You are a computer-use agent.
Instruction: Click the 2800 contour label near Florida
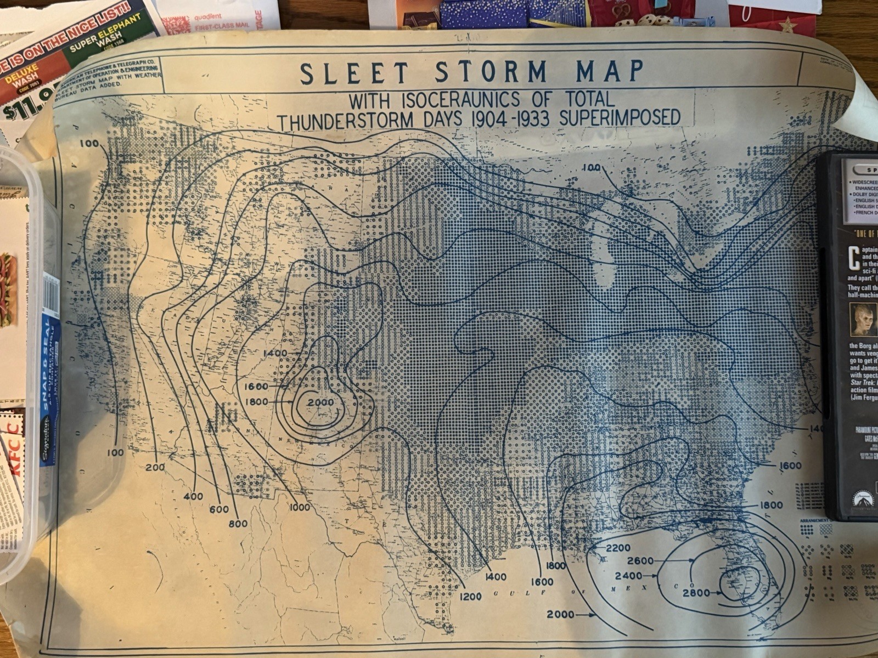coord(696,592)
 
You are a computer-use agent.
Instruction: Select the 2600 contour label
coord(639,561)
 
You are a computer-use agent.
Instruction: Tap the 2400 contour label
coord(628,576)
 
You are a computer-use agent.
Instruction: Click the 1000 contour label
coord(299,507)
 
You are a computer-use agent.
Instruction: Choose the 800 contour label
coord(238,524)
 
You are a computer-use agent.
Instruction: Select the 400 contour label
coord(193,496)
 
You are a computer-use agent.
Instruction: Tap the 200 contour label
coord(155,467)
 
